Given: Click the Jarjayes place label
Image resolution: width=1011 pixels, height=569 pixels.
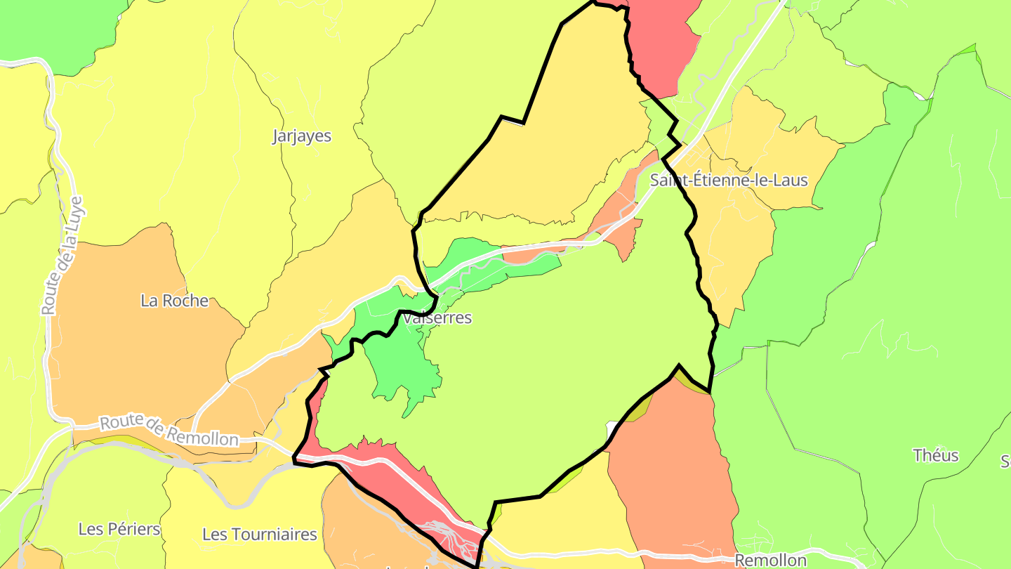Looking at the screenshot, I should (x=301, y=136).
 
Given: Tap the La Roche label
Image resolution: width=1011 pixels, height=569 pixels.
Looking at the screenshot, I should (x=174, y=301).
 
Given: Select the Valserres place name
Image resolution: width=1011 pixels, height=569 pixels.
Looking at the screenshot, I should (x=438, y=318).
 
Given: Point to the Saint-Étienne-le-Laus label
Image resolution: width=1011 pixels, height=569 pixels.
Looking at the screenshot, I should (x=729, y=180).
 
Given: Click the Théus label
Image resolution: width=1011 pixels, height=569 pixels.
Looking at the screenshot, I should (x=935, y=455).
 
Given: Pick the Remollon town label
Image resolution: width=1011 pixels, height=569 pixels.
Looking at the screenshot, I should (x=770, y=560).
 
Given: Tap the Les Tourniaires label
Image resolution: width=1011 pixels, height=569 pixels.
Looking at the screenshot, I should (x=260, y=534).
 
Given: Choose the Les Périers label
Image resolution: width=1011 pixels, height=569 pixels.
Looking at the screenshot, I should (x=119, y=529).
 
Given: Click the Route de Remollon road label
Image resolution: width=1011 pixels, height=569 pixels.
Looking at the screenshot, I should (x=168, y=431).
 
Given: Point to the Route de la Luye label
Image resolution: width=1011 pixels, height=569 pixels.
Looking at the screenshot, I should (x=62, y=256).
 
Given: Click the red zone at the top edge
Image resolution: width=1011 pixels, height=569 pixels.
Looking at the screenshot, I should (x=660, y=42).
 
